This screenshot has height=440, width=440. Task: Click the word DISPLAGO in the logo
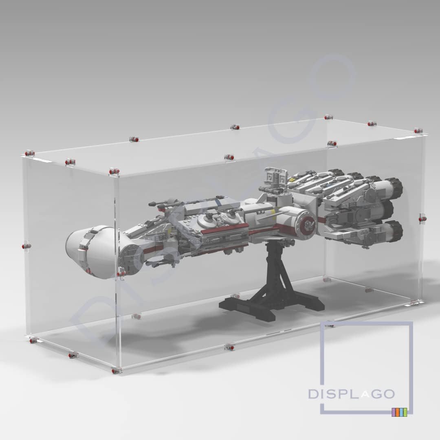point(351,394)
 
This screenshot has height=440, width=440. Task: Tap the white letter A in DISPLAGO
point(365,395)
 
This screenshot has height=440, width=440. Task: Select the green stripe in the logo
point(401,412)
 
